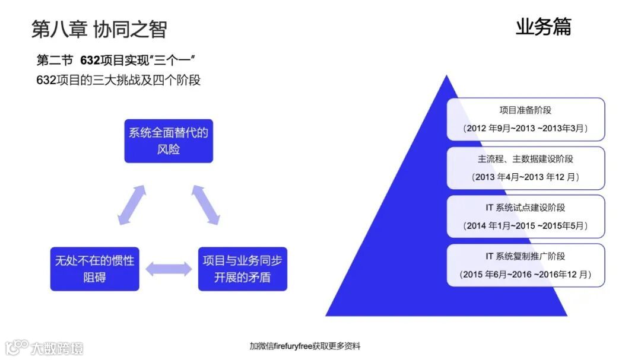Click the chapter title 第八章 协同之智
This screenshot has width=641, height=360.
(99, 29)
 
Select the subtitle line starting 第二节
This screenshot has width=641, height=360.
(116, 60)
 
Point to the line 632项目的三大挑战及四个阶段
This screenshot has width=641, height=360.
(118, 80)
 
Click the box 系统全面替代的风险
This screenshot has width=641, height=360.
(169, 141)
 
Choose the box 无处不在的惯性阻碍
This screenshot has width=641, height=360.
(94, 269)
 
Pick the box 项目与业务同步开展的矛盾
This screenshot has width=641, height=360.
(242, 269)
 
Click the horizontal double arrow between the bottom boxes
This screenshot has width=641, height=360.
(169, 269)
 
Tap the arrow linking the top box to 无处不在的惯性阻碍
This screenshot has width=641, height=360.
(132, 205)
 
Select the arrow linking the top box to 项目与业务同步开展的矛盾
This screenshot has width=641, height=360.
(206, 205)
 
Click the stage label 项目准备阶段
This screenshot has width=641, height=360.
(525, 110)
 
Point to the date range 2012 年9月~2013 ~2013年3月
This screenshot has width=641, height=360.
(525, 128)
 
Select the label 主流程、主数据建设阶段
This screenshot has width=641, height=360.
(525, 159)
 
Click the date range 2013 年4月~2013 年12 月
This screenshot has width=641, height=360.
(525, 177)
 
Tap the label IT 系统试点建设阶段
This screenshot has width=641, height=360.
(525, 208)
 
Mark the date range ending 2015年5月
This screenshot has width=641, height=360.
(525, 225)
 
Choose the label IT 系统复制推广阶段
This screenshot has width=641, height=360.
(525, 256)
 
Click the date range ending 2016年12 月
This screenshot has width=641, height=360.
(525, 275)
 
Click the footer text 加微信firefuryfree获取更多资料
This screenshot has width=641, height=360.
(304, 346)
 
